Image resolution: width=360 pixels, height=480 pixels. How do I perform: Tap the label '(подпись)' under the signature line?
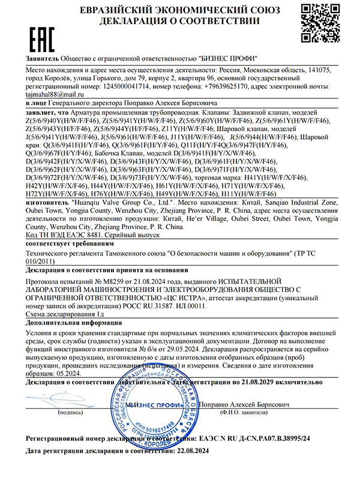(70, 413)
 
